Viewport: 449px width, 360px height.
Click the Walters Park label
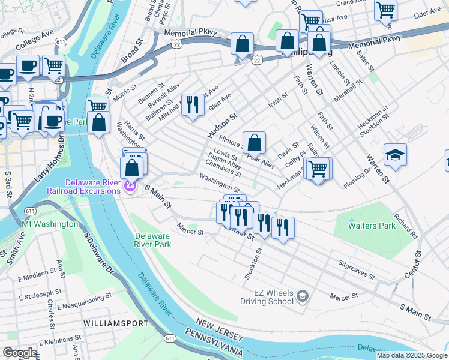[373, 226]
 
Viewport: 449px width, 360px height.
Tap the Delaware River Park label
[153, 240]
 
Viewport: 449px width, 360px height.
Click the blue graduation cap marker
[395, 156]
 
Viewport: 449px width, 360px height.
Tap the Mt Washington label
[50, 224]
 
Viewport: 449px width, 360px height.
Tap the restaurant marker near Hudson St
[193, 106]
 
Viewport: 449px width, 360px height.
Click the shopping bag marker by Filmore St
[255, 143]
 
